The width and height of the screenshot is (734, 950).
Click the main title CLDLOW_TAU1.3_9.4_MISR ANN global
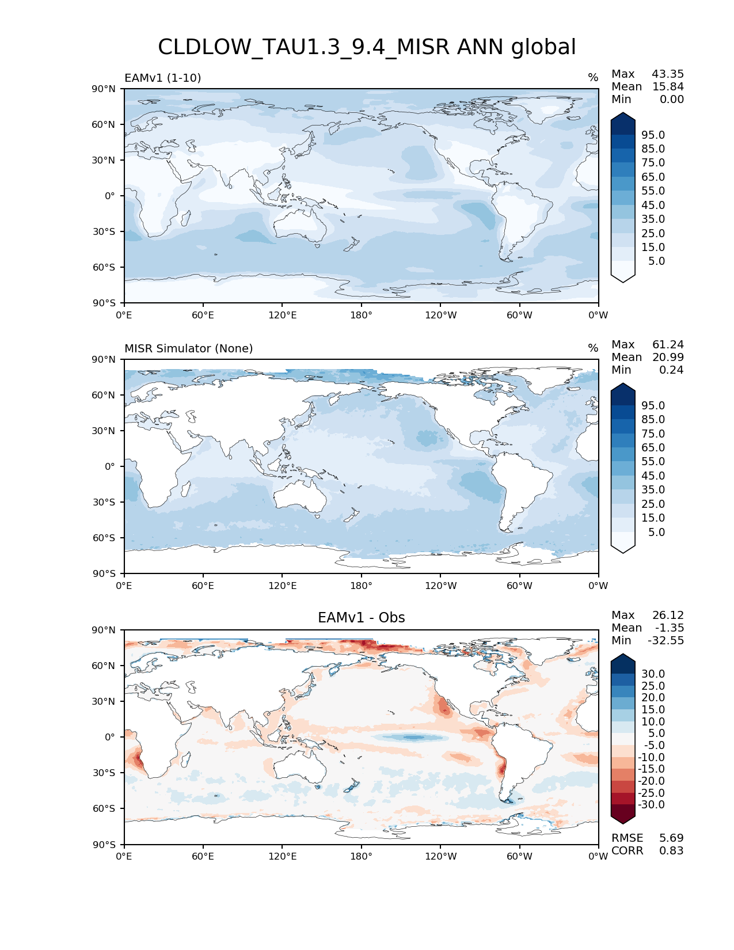point(367,47)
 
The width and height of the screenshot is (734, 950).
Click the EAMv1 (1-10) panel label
point(163,78)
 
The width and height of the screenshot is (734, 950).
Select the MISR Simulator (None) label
point(189,349)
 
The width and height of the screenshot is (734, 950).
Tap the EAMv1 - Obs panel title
point(362,618)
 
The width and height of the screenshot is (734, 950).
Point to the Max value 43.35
point(668,74)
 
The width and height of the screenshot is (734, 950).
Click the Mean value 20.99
point(668,358)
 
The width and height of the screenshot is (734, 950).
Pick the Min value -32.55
point(665,641)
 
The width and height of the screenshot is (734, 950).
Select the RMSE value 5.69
point(671,838)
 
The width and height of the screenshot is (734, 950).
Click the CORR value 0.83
point(671,851)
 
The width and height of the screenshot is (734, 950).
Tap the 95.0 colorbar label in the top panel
point(653,135)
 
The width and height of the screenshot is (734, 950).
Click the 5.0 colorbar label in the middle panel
point(656,533)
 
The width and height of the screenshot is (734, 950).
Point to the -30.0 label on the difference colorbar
point(651,805)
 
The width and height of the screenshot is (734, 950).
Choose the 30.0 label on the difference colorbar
point(653,674)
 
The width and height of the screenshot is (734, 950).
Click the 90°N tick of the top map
point(104,89)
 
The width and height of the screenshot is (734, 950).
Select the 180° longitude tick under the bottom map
point(362,857)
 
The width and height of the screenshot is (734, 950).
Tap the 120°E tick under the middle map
point(283,586)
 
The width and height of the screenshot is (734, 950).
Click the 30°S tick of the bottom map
point(104,773)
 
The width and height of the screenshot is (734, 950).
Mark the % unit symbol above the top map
point(593,78)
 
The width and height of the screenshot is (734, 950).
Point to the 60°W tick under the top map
point(519,316)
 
